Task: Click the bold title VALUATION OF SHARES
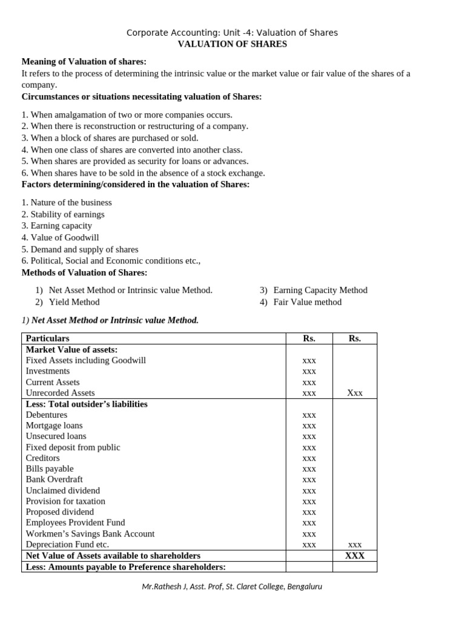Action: tap(232, 44)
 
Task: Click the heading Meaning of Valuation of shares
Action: tap(84, 62)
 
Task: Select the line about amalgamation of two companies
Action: tap(127, 114)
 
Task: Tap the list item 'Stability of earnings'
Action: tap(63, 214)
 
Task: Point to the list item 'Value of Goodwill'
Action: tap(60, 237)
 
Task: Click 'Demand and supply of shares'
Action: tap(80, 249)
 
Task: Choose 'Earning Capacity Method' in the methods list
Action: tap(320, 290)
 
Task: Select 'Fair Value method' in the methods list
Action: tap(307, 302)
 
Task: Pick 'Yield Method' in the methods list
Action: tap(74, 302)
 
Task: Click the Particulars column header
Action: tap(47, 338)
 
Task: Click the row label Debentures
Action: tap(47, 415)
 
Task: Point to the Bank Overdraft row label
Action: tap(54, 479)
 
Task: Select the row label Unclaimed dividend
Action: tap(63, 490)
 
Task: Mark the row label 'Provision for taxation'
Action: tap(65, 501)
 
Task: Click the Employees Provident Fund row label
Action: tap(76, 523)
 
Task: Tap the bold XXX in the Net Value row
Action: tap(354, 555)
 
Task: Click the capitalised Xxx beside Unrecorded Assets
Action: tap(354, 393)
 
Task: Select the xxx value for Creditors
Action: tap(309, 458)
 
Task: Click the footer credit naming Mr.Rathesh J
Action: tap(232, 587)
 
